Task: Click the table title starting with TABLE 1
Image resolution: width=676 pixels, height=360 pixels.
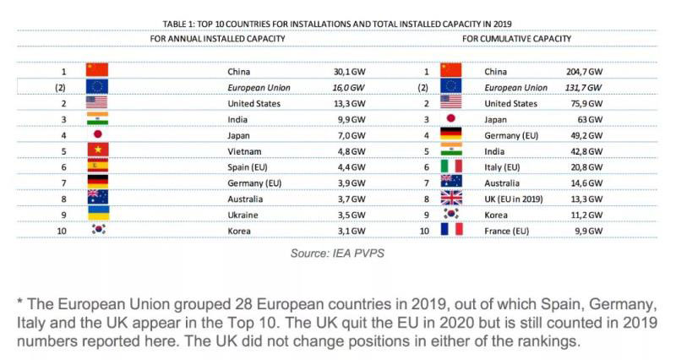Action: (x=337, y=24)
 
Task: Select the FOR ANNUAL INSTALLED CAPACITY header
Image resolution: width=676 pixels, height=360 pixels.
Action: (x=217, y=39)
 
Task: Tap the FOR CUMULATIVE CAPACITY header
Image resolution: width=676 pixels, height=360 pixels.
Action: (x=516, y=39)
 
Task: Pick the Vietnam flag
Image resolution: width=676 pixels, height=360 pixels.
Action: (x=97, y=150)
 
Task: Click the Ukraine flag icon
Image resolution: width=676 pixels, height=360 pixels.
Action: (x=97, y=214)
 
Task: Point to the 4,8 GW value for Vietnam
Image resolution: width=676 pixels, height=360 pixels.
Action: (x=350, y=150)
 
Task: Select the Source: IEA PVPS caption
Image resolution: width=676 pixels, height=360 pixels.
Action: (x=337, y=253)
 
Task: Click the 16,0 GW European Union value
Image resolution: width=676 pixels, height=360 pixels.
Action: (x=348, y=88)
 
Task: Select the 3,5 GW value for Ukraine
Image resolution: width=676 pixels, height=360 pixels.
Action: (x=350, y=214)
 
